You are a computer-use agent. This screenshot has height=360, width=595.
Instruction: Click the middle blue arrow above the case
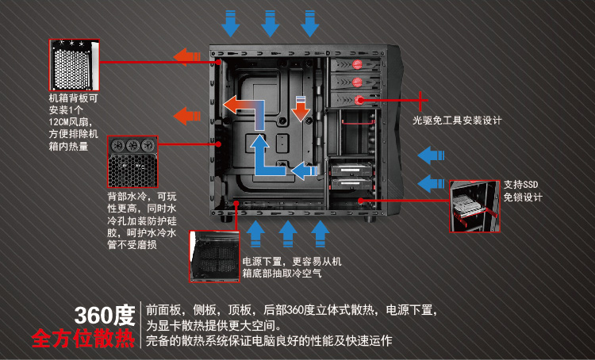pyautogui.click(x=271, y=24)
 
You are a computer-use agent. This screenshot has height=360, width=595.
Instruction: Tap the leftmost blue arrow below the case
pyautogui.click(x=255, y=234)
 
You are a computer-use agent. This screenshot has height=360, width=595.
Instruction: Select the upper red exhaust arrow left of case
pyautogui.click(x=186, y=57)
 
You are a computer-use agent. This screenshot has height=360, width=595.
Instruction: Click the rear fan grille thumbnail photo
pyautogui.click(x=75, y=65)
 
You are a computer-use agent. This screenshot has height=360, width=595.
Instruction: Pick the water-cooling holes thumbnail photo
pyautogui.click(x=132, y=162)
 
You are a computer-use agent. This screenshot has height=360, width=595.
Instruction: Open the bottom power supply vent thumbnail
pyautogui.click(x=214, y=256)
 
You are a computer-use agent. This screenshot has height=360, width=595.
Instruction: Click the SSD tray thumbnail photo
pyautogui.click(x=474, y=206)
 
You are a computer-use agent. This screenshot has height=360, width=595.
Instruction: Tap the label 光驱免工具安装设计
pyautogui.click(x=457, y=121)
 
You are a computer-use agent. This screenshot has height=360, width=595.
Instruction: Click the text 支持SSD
pyautogui.click(x=520, y=185)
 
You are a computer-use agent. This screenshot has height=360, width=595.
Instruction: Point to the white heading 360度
pyautogui.click(x=105, y=316)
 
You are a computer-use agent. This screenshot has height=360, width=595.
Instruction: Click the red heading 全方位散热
pyautogui.click(x=83, y=339)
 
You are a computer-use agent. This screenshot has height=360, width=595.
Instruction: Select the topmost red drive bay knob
pyautogui.click(x=357, y=64)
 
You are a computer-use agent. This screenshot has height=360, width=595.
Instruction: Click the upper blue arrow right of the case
pyautogui.click(x=431, y=155)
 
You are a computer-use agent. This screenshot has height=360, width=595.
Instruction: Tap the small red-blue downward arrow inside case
pyautogui.click(x=301, y=109)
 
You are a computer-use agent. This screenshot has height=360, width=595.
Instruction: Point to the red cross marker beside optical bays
pyautogui.click(x=420, y=101)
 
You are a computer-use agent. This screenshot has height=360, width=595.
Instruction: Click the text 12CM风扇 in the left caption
pyautogui.click(x=70, y=122)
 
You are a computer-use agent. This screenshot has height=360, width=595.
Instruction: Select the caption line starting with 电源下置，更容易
pyautogui.click(x=292, y=262)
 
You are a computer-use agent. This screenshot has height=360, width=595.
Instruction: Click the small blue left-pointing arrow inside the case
pyautogui.click(x=305, y=170)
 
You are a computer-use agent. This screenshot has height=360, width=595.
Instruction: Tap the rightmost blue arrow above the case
pyautogui.click(x=309, y=24)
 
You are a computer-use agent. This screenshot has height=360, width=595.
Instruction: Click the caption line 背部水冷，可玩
pyautogui.click(x=142, y=197)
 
